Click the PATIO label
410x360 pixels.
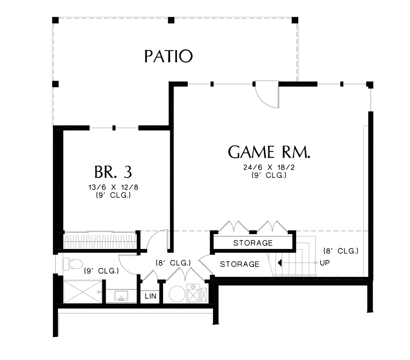pos(169,56)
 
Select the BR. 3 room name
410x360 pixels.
pos(113,172)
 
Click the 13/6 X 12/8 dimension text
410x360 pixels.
pos(114,187)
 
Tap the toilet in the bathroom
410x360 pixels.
pos(73,264)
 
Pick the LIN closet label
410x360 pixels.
pos(151,296)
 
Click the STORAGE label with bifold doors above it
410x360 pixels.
pos(253,243)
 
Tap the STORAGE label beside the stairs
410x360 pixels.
pos(239,264)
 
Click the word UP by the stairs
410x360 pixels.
pos(325,263)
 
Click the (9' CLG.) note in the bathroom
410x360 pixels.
pos(101,271)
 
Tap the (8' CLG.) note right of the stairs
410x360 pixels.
pos(340,251)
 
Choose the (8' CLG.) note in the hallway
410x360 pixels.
pos(173,263)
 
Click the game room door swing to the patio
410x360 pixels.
pos(266,95)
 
